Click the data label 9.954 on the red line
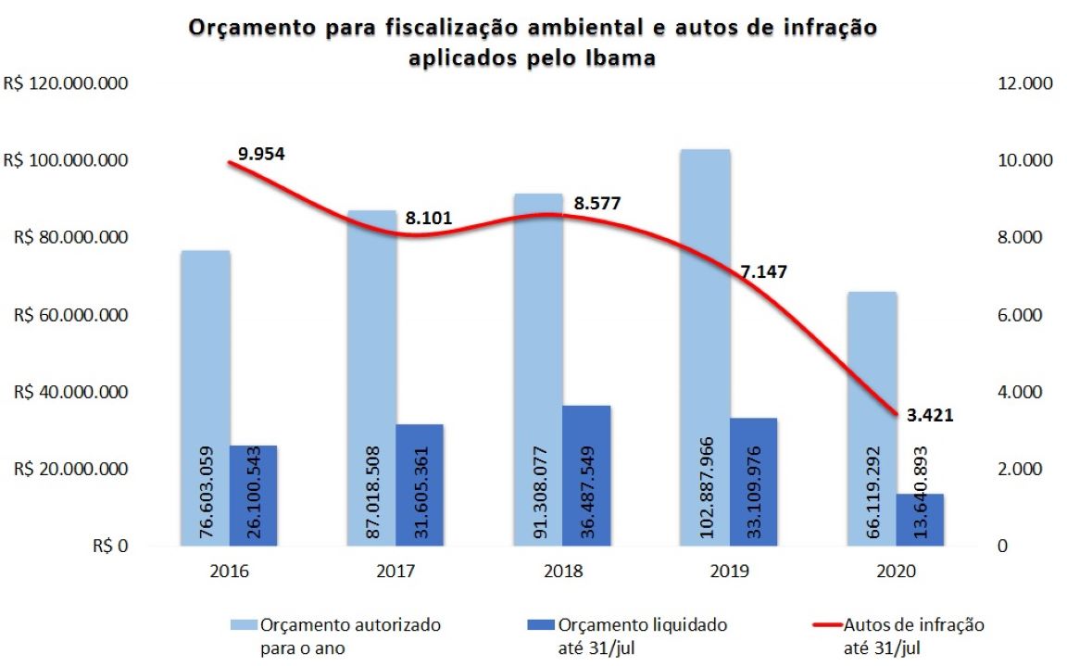(x=261, y=154)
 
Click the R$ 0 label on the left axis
(x=110, y=547)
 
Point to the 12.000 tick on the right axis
(x=1024, y=83)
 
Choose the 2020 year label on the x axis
(x=895, y=572)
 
